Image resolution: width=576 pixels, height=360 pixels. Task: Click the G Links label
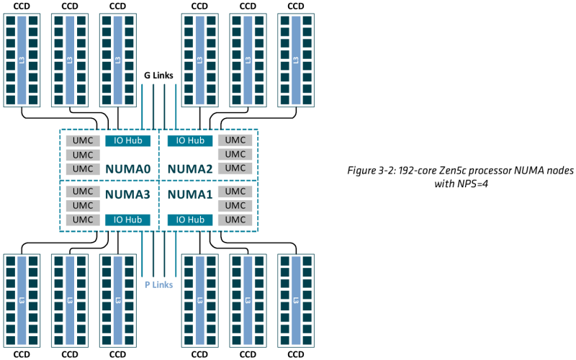tap(158, 75)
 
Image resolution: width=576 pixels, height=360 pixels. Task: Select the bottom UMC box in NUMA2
tap(235, 168)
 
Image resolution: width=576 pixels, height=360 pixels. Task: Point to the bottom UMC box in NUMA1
tap(235, 220)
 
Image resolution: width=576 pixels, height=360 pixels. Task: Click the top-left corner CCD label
tap(22, 6)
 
